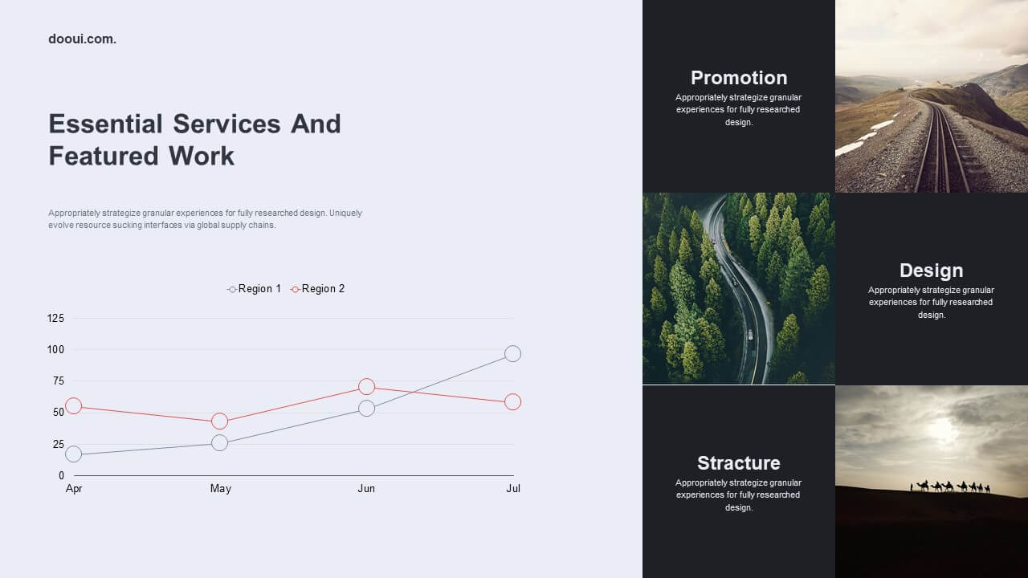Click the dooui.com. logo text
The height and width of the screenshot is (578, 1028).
[82, 39]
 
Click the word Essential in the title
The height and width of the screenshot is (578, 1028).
[105, 124]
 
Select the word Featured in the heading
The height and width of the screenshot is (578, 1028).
[104, 156]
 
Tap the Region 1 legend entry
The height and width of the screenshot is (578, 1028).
[254, 288]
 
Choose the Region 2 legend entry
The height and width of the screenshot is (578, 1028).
[317, 288]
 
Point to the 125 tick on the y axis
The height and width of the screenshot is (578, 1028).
[55, 319]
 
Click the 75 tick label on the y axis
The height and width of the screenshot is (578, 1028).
[59, 381]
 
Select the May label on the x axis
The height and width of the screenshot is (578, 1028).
[220, 489]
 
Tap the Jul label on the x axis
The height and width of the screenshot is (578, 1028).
[513, 489]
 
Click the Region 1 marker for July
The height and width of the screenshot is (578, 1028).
[512, 354]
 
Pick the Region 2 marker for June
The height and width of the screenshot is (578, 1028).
[366, 387]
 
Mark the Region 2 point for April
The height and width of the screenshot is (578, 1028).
[73, 406]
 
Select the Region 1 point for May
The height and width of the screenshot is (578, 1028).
[220, 442]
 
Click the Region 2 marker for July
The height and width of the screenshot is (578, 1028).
[512, 402]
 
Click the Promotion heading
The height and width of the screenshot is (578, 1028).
[739, 78]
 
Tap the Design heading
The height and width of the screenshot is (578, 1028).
[931, 271]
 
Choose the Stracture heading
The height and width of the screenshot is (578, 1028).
[739, 463]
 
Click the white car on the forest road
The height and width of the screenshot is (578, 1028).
[750, 335]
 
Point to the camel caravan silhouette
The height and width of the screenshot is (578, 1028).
[950, 486]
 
